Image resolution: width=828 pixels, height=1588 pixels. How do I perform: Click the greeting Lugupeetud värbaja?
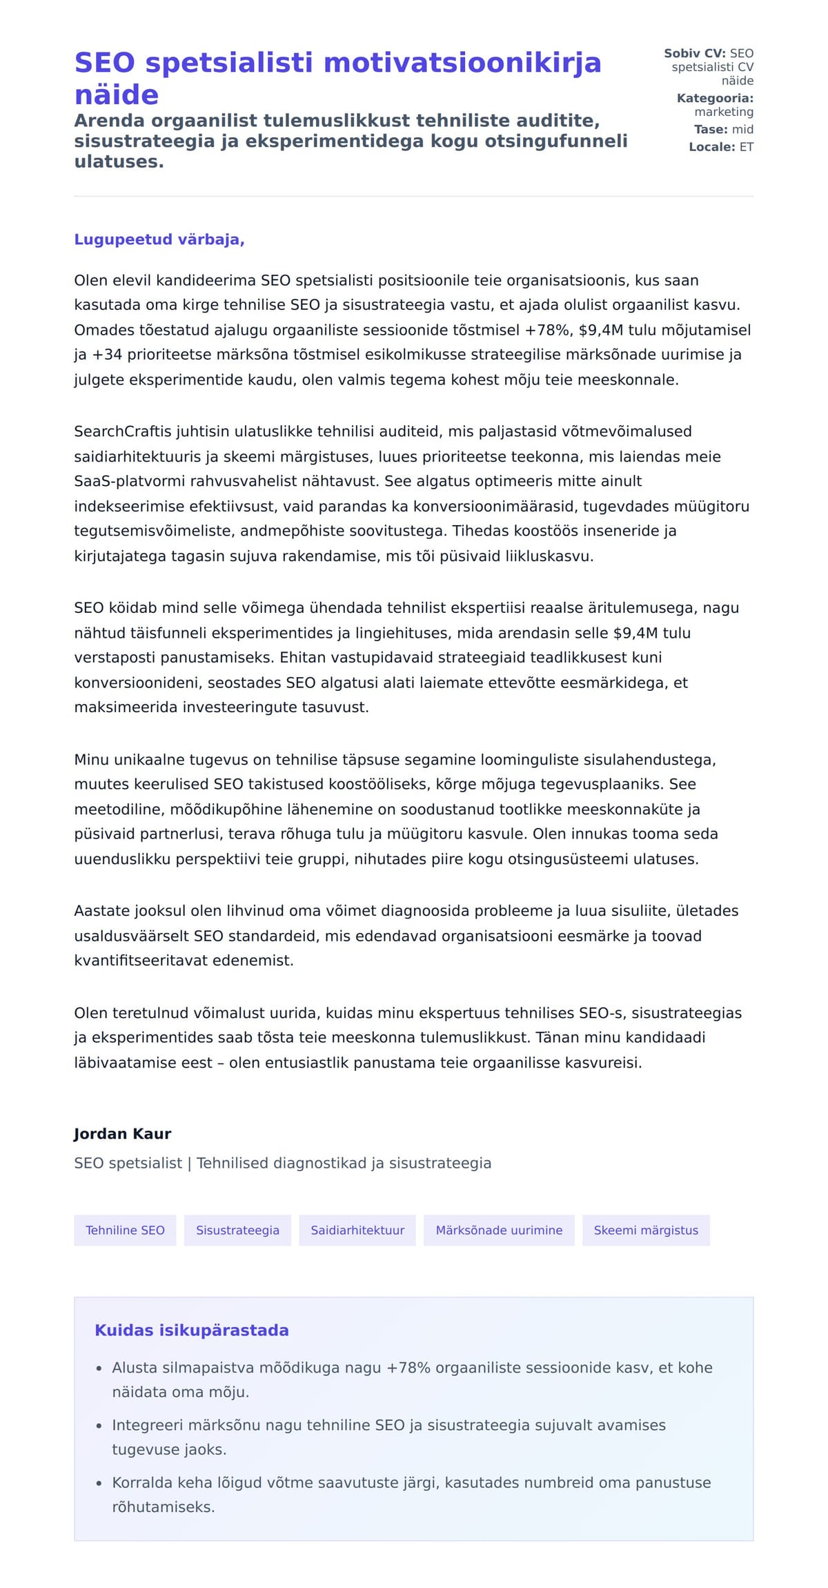[x=159, y=239]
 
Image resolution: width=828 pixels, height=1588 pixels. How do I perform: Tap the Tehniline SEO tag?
[x=125, y=1230]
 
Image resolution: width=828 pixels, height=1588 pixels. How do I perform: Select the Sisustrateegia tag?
[x=237, y=1230]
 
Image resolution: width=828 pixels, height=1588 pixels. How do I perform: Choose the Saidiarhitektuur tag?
[x=357, y=1230]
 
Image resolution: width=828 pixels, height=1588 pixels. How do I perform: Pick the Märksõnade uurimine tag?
[x=499, y=1230]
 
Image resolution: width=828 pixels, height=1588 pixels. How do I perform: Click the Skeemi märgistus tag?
[x=646, y=1230]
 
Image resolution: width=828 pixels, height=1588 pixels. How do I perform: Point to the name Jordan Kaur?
[x=122, y=1133]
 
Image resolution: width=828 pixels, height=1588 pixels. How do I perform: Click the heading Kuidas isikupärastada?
[x=191, y=1330]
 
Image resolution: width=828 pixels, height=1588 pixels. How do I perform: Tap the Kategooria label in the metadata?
[x=715, y=98]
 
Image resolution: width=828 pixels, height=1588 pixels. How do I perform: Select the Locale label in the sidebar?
[x=711, y=147]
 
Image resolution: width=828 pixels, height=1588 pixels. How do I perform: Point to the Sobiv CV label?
[x=694, y=53]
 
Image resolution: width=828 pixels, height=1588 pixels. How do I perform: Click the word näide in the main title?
[x=116, y=95]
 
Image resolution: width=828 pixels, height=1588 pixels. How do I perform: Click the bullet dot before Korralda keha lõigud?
[x=99, y=1482]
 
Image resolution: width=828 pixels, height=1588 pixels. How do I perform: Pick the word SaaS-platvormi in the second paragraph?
[x=123, y=481]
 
